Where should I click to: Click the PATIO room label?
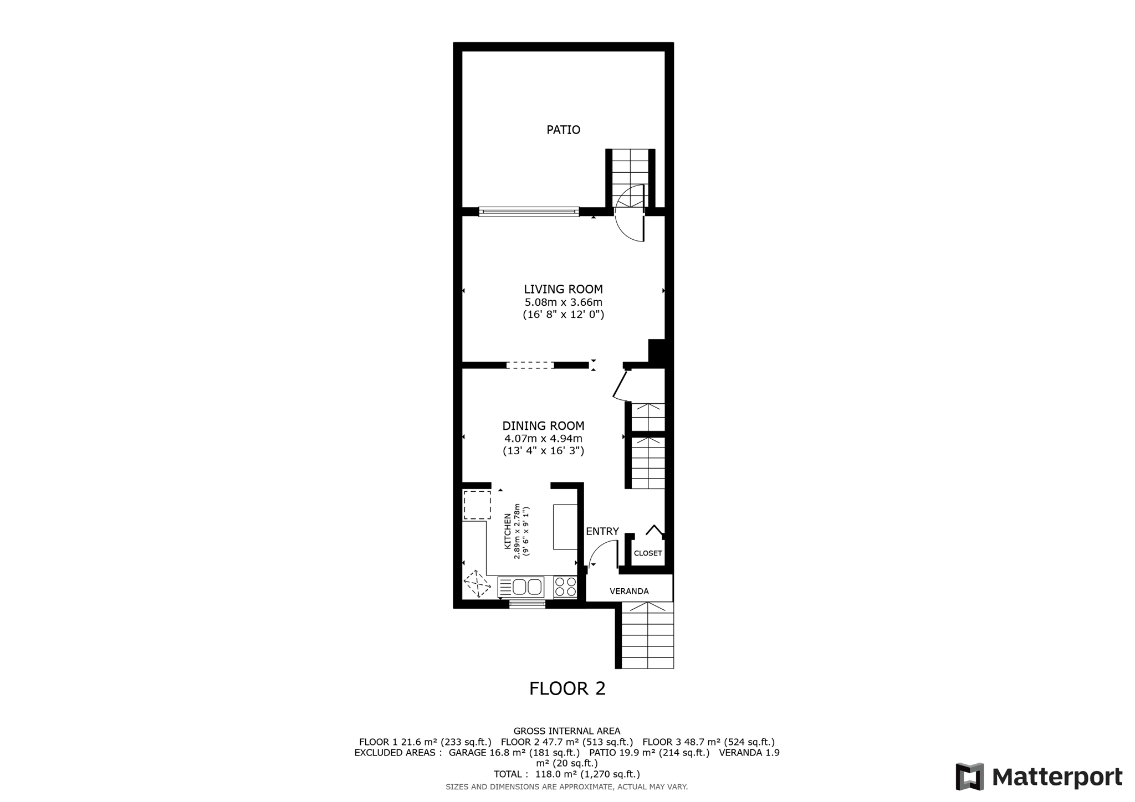coord(563,130)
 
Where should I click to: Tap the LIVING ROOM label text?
coord(563,289)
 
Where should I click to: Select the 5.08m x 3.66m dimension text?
coord(563,302)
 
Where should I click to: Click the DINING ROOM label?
coord(543,426)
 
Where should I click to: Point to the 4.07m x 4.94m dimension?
coord(543,439)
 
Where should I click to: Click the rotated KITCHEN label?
coord(507,531)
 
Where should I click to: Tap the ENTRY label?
coord(602,531)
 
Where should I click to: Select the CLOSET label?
coord(648,553)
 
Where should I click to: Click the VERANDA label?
coord(629,591)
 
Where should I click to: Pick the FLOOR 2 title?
coord(567,688)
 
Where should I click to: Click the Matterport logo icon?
coord(969,777)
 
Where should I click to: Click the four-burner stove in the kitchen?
coord(565,587)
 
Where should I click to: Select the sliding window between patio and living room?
coord(529,212)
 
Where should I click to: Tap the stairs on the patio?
coord(630,177)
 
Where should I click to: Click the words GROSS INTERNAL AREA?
coord(567,731)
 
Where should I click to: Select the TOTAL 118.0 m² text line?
coord(567,774)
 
